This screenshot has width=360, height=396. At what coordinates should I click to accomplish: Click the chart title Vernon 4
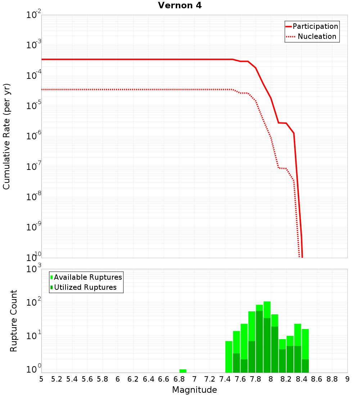180,6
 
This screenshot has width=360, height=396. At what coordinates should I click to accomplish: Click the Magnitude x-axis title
194,390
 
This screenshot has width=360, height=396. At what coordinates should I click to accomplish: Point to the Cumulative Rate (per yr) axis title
6,136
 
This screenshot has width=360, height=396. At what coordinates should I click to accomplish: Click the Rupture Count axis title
13,321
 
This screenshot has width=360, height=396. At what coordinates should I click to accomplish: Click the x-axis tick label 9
347,379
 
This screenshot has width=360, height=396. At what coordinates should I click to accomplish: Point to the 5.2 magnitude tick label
57,379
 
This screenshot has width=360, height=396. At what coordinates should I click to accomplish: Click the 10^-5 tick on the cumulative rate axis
33,106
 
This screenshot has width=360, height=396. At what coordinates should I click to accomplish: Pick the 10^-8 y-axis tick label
33,197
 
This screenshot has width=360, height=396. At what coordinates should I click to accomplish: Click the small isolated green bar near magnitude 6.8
183,371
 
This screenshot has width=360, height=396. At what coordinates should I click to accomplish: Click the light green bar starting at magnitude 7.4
229,356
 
